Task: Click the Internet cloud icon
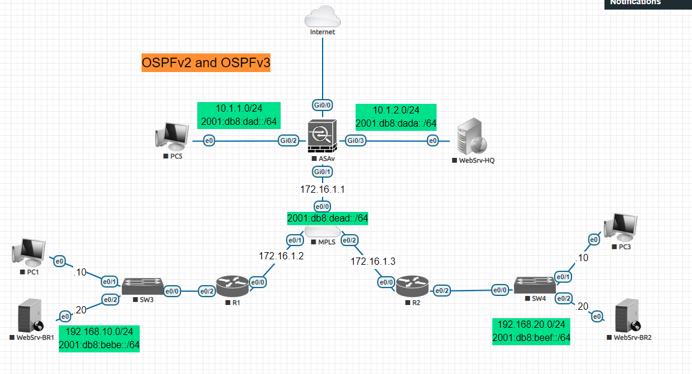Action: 323,16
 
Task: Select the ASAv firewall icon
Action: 323,137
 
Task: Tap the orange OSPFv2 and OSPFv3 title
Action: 206,62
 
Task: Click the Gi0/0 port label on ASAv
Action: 323,105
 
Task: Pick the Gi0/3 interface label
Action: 354,140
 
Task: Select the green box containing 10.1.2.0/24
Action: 396,116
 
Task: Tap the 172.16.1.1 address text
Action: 323,189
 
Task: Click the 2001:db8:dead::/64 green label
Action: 327,218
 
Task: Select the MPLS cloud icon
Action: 323,232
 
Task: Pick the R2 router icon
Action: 413,286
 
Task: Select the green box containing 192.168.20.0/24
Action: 531,331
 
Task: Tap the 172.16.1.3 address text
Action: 373,261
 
